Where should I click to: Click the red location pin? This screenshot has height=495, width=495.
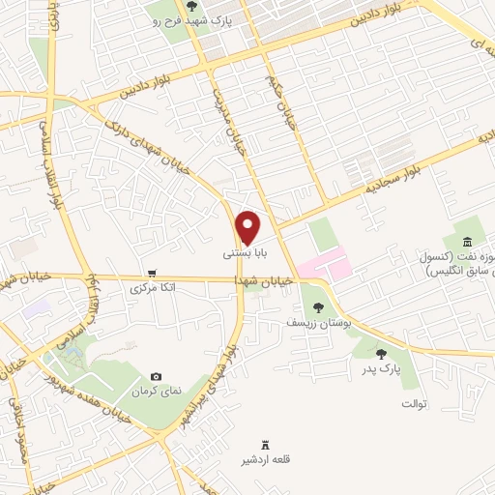pos(249,227)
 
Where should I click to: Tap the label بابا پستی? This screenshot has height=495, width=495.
pos(242,254)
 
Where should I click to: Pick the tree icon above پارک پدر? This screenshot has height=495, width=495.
pos(382,354)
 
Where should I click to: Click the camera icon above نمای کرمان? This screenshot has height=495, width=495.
pos(157,376)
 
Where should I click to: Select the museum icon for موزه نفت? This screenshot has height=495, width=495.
pos(467,241)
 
